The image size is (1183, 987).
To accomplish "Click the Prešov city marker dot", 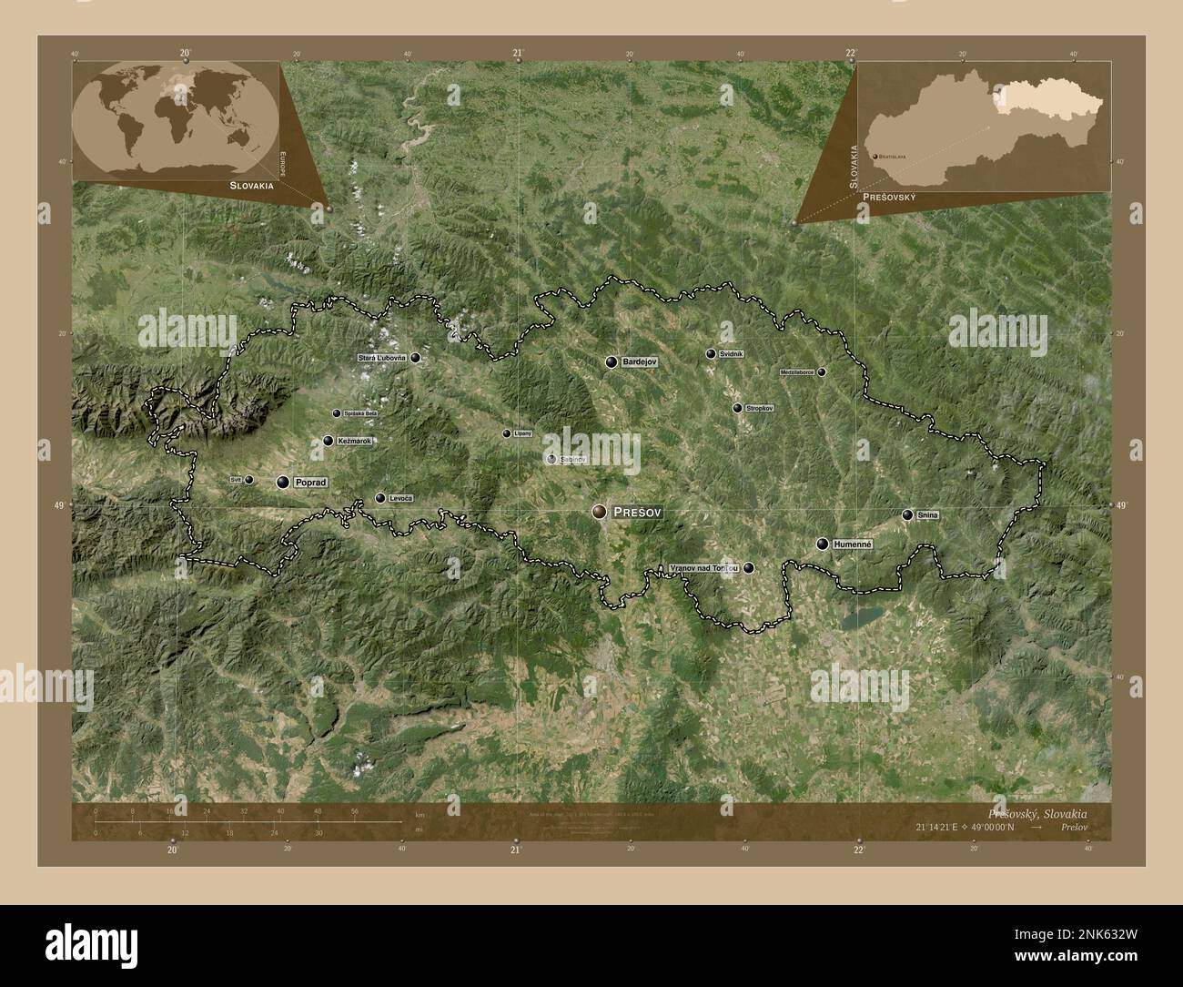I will tap(599, 513).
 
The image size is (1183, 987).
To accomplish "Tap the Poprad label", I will tap(310, 483).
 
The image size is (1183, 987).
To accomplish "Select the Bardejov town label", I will tap(640, 362).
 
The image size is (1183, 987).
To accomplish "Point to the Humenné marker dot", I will tap(823, 544).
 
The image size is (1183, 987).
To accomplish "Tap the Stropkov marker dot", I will tap(737, 408).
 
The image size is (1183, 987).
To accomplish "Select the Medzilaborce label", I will tap(797, 372).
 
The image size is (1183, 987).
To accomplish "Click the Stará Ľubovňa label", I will tap(382, 358).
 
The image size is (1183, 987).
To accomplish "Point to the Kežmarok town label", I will tap(354, 441).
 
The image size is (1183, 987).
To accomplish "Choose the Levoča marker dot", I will tap(380, 498).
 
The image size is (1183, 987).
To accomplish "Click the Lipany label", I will tap(522, 433).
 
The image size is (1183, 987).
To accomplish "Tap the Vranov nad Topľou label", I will tap(703, 567).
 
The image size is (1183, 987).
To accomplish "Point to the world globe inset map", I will tap(175, 116).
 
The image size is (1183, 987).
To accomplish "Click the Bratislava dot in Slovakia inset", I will tap(875, 157).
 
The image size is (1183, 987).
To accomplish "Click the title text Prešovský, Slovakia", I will tap(1036, 812).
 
